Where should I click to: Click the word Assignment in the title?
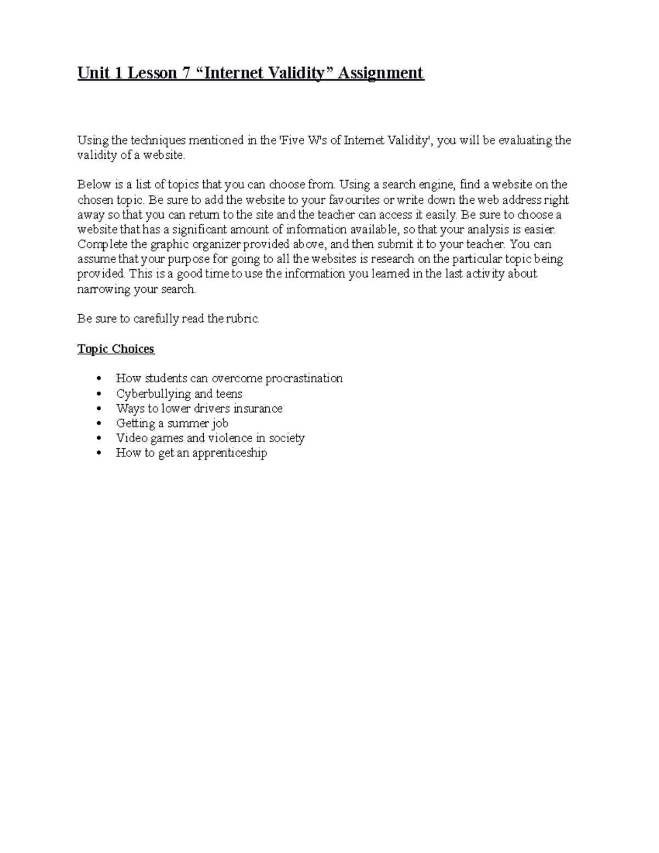381,73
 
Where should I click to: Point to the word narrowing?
104,289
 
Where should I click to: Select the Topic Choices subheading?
116,349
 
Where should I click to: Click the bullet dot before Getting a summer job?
99,423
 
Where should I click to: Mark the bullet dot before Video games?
99,438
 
